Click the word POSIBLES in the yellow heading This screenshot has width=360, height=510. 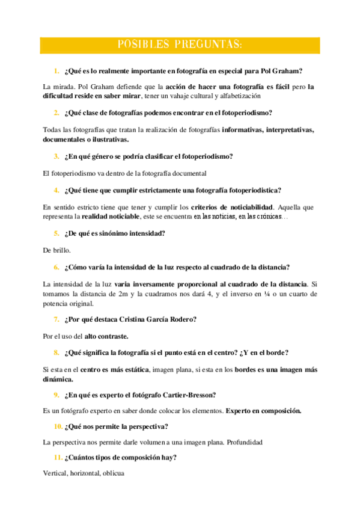pos(142,45)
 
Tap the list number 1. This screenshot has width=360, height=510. pos(56,70)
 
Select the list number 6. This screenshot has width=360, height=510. pos(56,266)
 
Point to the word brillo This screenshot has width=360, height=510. pos(61,250)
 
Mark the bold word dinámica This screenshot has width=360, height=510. pos(59,379)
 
